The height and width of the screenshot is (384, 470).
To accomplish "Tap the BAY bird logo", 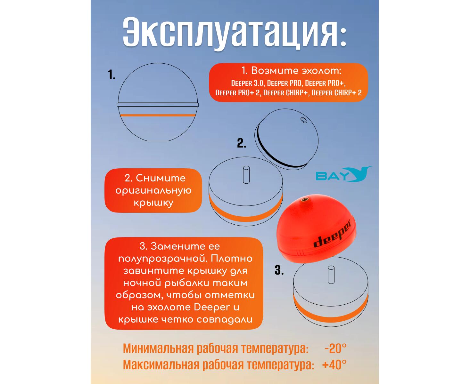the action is point(343,174).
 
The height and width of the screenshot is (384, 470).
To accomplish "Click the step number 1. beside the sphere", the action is point(111,75).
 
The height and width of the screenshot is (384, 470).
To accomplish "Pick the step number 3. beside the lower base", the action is point(279,270).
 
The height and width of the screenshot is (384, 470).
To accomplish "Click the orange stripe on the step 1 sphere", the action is point(158,115).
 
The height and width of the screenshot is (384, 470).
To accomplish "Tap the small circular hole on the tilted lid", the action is point(304,120).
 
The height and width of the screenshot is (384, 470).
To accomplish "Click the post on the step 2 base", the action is point(246,175).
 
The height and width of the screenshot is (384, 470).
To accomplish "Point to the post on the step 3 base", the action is point(331,275).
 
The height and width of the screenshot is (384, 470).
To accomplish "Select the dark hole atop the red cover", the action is point(303,199).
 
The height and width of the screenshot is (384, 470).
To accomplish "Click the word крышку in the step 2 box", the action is point(153,203).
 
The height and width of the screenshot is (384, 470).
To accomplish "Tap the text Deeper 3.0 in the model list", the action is point(247,83).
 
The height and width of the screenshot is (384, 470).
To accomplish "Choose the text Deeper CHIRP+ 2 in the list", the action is point(336,92).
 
